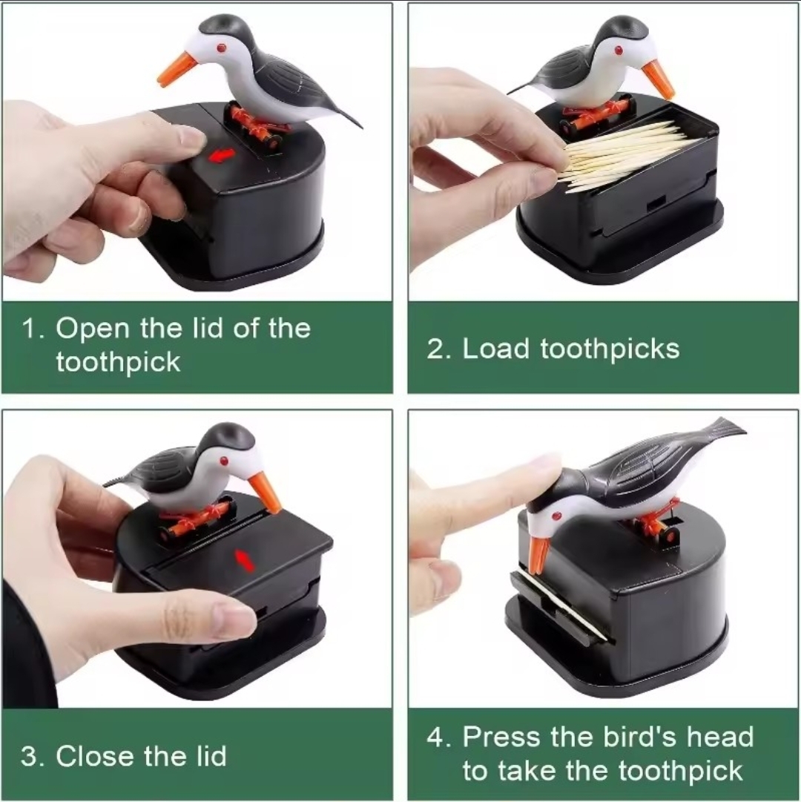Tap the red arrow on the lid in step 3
click(x=245, y=559)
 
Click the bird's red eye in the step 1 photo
click(x=221, y=48)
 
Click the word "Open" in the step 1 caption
click(x=93, y=329)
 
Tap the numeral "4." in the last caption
click(x=438, y=737)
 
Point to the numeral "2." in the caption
click(x=438, y=349)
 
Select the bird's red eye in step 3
click(x=223, y=461)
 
